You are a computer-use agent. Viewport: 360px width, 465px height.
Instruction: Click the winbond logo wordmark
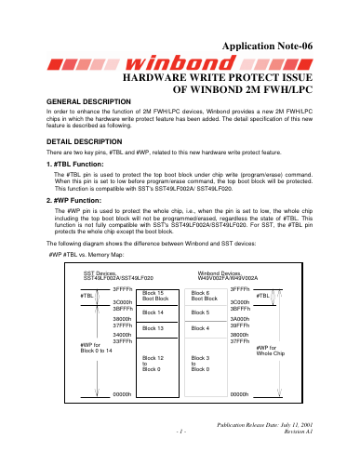coord(180,63)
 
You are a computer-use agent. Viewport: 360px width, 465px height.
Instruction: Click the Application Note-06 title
coord(267,46)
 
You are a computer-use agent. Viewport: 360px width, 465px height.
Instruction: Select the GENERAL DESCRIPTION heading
coord(88,101)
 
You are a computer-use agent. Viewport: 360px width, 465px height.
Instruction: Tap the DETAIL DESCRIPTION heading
coord(85,141)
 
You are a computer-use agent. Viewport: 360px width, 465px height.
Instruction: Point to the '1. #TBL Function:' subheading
coord(75,165)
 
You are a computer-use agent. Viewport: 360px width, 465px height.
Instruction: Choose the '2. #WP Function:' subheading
coord(73,201)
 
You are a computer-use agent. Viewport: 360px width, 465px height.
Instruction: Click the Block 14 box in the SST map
coord(157,313)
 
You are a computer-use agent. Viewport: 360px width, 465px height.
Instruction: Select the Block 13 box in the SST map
coord(157,330)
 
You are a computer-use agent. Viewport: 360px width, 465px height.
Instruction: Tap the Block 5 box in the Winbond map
coord(206,313)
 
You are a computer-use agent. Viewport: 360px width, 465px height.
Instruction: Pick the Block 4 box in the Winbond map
coord(206,329)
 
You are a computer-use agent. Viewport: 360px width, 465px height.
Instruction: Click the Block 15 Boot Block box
coord(157,298)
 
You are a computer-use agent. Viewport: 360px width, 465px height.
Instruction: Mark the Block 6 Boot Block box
coord(206,298)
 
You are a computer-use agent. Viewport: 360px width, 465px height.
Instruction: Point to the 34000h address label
coord(122,335)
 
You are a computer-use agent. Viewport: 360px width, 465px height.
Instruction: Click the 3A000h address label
coord(240,319)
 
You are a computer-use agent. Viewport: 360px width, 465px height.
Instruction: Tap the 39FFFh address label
coord(240,325)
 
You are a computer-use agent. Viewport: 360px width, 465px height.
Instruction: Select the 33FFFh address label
coord(123,341)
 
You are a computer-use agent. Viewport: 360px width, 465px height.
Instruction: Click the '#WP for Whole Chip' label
coord(271,351)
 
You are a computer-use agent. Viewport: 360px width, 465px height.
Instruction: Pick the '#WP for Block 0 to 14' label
coord(96,348)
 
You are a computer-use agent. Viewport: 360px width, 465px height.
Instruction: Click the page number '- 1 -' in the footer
coord(181,432)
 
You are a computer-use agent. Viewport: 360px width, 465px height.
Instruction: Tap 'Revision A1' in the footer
coord(299,432)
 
